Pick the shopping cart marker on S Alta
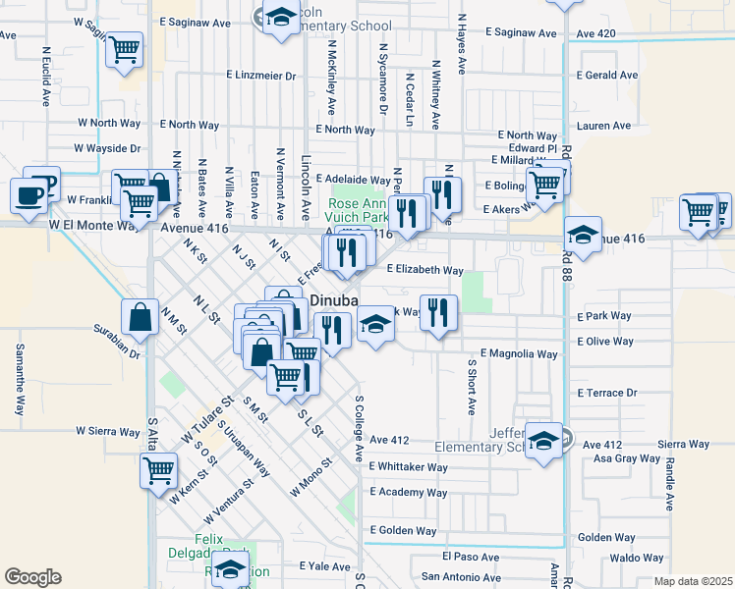click(159, 470)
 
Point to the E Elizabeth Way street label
click(424, 270)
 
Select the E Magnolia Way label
click(519, 353)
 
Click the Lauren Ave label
click(604, 126)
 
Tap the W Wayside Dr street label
click(107, 148)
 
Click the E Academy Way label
click(409, 493)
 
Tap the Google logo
click(32, 577)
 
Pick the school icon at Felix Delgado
click(231, 568)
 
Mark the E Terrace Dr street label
click(608, 393)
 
